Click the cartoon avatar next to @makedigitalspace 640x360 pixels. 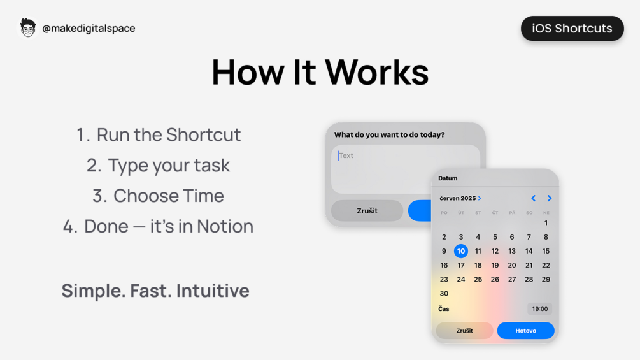[x=27, y=28]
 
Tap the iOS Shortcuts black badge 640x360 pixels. [x=572, y=29]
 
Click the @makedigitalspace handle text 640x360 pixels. [x=89, y=28]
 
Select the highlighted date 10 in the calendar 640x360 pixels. [x=460, y=251]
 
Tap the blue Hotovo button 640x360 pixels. [x=525, y=331]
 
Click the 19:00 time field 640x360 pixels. [x=539, y=309]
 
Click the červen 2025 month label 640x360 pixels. [x=459, y=198]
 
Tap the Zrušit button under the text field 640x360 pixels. [x=367, y=211]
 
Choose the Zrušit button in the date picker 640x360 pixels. [x=464, y=331]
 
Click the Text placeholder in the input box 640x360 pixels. [x=346, y=155]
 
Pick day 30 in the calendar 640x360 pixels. [x=444, y=294]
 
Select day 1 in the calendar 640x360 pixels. [x=546, y=223]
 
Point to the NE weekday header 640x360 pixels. [x=546, y=213]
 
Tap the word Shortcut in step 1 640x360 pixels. [x=204, y=134]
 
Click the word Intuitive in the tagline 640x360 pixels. [x=213, y=291]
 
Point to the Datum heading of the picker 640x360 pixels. [x=448, y=178]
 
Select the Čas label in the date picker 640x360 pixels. [x=444, y=309]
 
